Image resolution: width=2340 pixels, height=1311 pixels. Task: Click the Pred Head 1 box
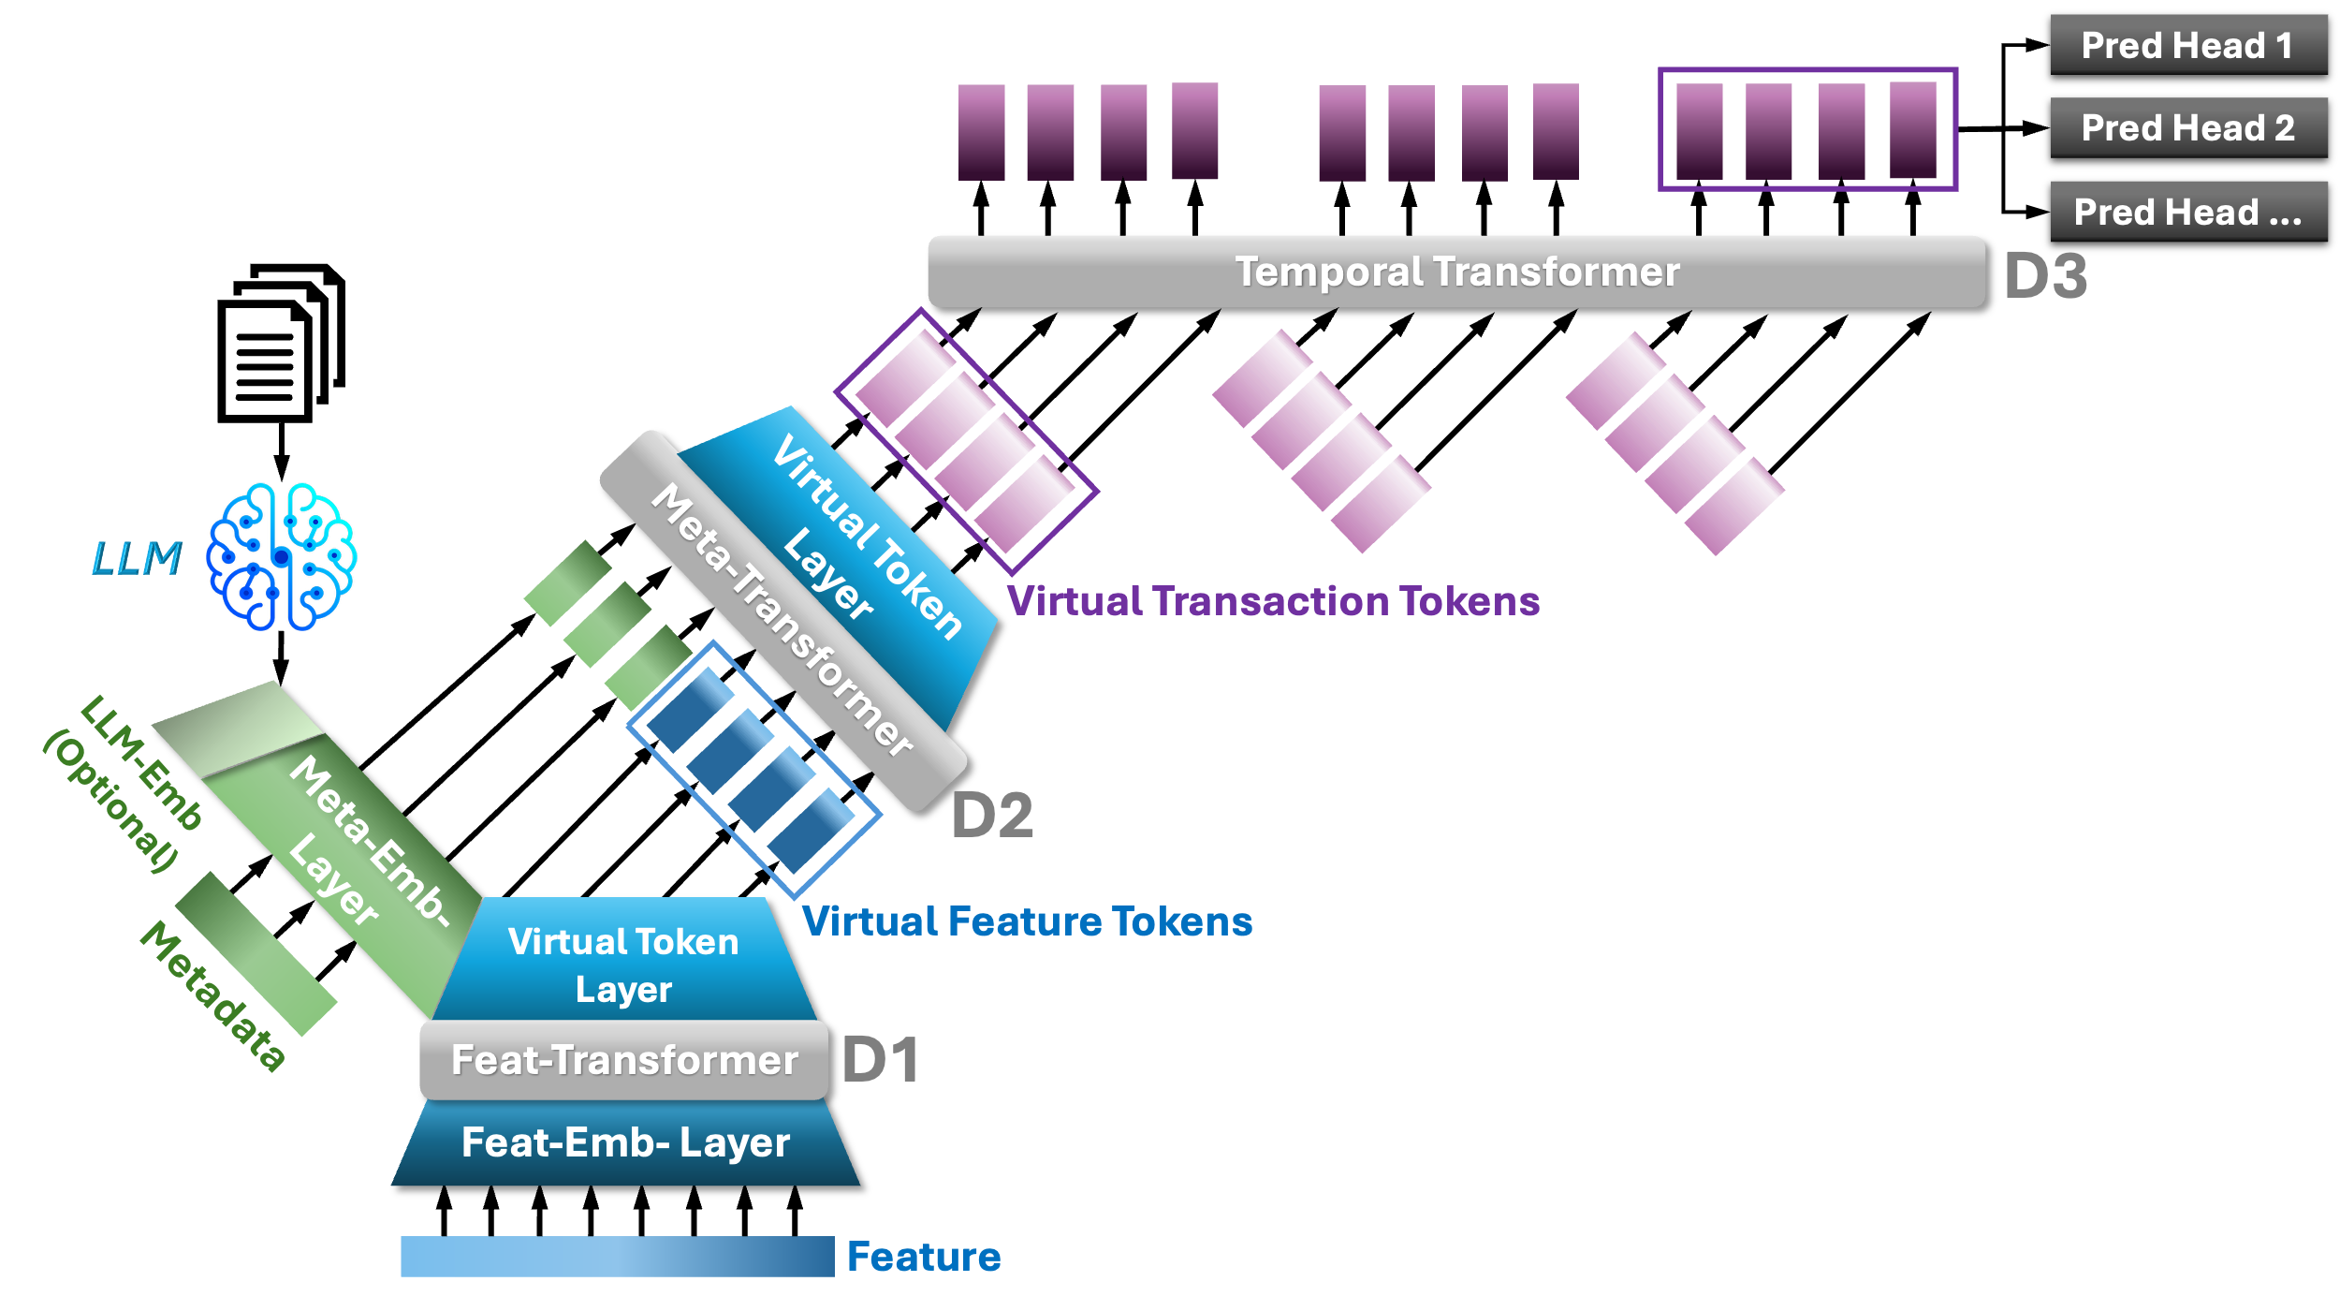tap(2187, 45)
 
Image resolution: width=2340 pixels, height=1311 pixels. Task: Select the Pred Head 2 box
tap(2187, 127)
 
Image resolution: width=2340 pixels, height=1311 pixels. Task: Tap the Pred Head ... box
tap(2187, 212)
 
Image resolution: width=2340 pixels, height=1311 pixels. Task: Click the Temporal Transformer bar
tap(1455, 272)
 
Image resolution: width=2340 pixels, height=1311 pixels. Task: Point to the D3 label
tap(2046, 276)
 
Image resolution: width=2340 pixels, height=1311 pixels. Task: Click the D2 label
tap(992, 815)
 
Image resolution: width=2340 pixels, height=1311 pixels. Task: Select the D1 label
tap(880, 1060)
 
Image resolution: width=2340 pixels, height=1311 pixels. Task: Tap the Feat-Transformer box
tap(624, 1060)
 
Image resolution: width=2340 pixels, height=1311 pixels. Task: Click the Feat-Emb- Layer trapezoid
tap(625, 1142)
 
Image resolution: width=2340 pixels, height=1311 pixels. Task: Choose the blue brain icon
tap(281, 556)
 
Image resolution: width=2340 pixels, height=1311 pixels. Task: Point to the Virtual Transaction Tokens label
tap(1273, 601)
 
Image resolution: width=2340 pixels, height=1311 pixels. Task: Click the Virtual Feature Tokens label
tap(1027, 921)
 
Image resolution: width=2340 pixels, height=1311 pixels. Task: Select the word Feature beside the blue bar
tap(924, 1257)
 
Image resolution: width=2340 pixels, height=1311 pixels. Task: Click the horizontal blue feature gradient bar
tap(617, 1257)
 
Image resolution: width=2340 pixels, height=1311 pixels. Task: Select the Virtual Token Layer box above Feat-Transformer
tap(623, 965)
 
